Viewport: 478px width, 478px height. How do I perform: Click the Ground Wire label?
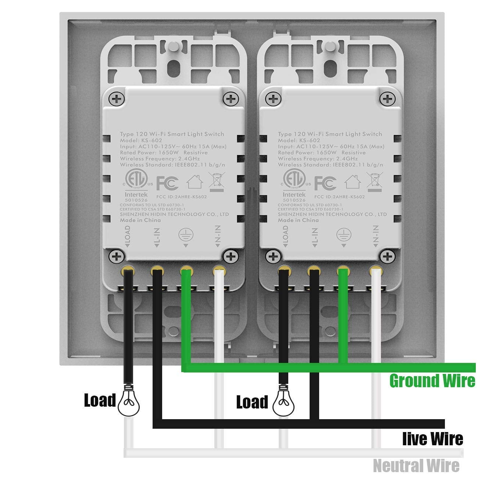pos(432,381)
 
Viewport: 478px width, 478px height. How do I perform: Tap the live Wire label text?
pos(432,439)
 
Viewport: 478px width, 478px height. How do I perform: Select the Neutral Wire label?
pos(416,466)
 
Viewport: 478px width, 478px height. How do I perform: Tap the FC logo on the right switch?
pos(325,183)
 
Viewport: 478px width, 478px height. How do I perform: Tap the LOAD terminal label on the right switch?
pos(285,236)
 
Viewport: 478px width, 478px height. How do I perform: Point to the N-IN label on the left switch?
pos(218,236)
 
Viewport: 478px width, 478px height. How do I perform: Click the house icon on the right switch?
pos(353,181)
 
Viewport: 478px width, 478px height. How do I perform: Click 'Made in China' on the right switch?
pos(298,220)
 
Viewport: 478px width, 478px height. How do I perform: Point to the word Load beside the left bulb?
pos(100,400)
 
